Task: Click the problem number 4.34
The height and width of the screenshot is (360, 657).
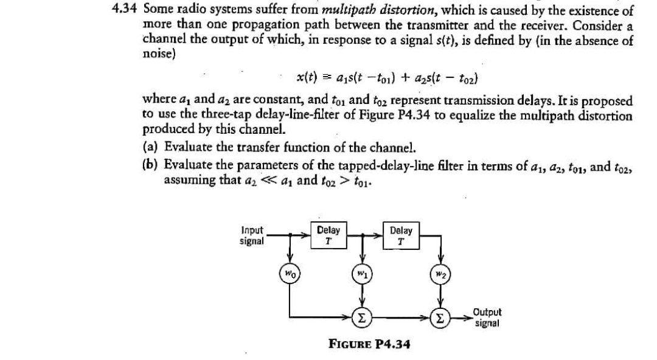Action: pos(127,11)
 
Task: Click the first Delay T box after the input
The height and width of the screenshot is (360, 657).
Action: pos(328,235)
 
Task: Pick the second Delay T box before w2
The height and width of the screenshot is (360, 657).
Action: pos(401,235)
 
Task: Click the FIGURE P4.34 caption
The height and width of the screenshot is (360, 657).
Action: pos(369,344)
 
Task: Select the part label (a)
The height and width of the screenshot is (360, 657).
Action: pos(151,148)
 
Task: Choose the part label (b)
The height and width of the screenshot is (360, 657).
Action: pos(151,165)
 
